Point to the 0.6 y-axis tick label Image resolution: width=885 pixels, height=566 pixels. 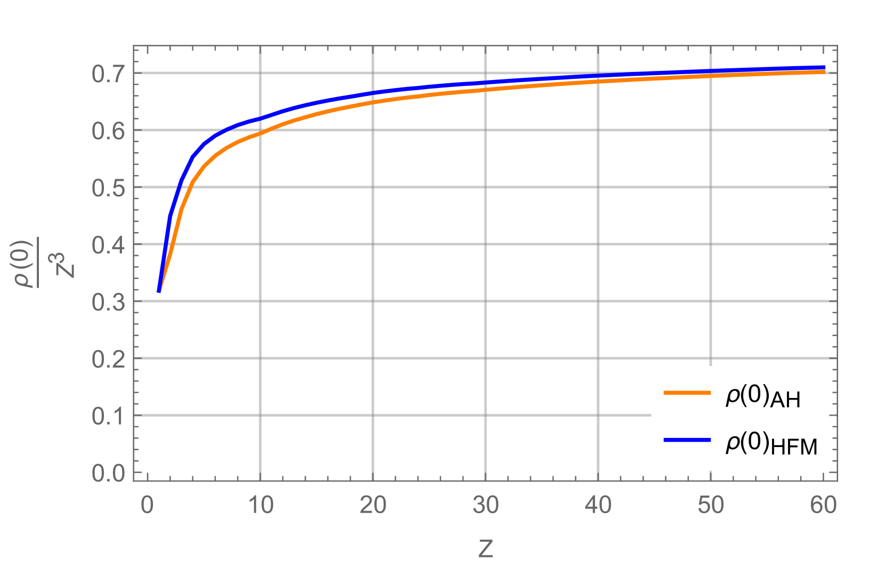pyautogui.click(x=108, y=131)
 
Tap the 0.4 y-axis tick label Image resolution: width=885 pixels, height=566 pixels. pyautogui.click(x=108, y=245)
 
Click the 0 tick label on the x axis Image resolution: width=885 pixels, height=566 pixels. pyautogui.click(x=148, y=505)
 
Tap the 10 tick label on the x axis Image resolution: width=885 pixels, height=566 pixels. pyautogui.click(x=261, y=505)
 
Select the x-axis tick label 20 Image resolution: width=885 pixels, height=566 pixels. pyautogui.click(x=373, y=505)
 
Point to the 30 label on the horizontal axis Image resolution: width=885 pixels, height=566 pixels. pyautogui.click(x=485, y=505)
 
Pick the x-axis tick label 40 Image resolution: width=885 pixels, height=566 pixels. pyautogui.click(x=598, y=505)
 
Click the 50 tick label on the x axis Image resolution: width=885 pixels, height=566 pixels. pyautogui.click(x=711, y=505)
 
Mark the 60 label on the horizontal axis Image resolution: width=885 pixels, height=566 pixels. pyautogui.click(x=823, y=505)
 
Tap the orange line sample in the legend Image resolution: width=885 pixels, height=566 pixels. pyautogui.click(x=687, y=393)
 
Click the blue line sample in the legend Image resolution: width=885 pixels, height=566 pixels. pyautogui.click(x=687, y=440)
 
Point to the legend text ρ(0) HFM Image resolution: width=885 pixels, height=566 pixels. pyautogui.click(x=771, y=444)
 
